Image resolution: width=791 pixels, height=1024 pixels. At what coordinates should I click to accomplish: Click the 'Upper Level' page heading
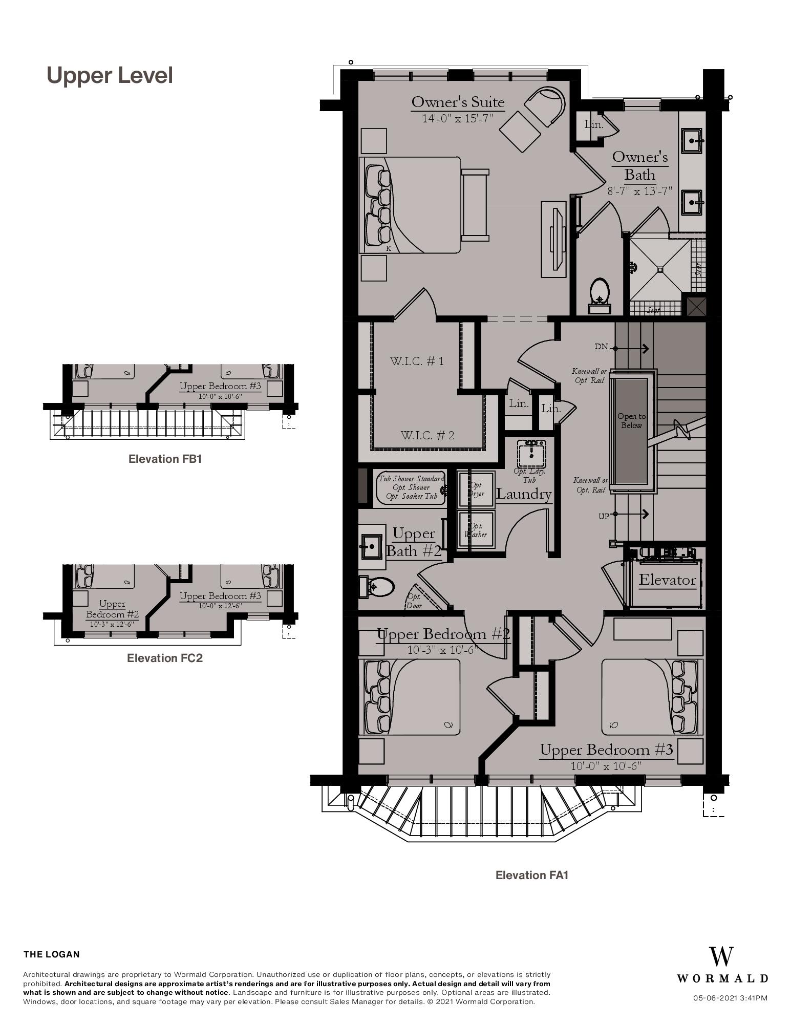[110, 75]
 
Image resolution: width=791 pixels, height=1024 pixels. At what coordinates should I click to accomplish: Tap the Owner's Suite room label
[458, 101]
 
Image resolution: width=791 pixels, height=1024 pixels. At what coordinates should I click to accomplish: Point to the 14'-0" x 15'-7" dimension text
[457, 118]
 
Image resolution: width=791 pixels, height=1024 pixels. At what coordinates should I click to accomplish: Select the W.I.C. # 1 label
[417, 361]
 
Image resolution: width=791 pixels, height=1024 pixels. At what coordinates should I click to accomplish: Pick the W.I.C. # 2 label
[427, 435]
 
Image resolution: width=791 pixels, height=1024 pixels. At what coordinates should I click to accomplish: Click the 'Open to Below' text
[631, 421]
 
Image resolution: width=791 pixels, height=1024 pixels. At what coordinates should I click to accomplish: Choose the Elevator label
[667, 580]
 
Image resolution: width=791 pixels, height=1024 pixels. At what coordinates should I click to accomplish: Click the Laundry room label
[524, 494]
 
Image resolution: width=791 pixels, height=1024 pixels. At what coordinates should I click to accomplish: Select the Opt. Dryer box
[476, 489]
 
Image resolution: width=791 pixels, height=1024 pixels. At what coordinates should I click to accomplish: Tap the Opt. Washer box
[476, 530]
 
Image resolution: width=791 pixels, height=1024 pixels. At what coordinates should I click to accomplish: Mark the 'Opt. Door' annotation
[414, 601]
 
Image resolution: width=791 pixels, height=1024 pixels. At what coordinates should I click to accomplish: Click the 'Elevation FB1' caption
[165, 459]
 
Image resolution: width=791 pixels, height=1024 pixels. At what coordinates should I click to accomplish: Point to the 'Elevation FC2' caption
[164, 658]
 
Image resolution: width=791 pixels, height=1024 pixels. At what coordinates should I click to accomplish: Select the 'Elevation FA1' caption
[531, 875]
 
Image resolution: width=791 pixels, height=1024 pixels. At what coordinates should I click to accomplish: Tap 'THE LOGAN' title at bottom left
[52, 954]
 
